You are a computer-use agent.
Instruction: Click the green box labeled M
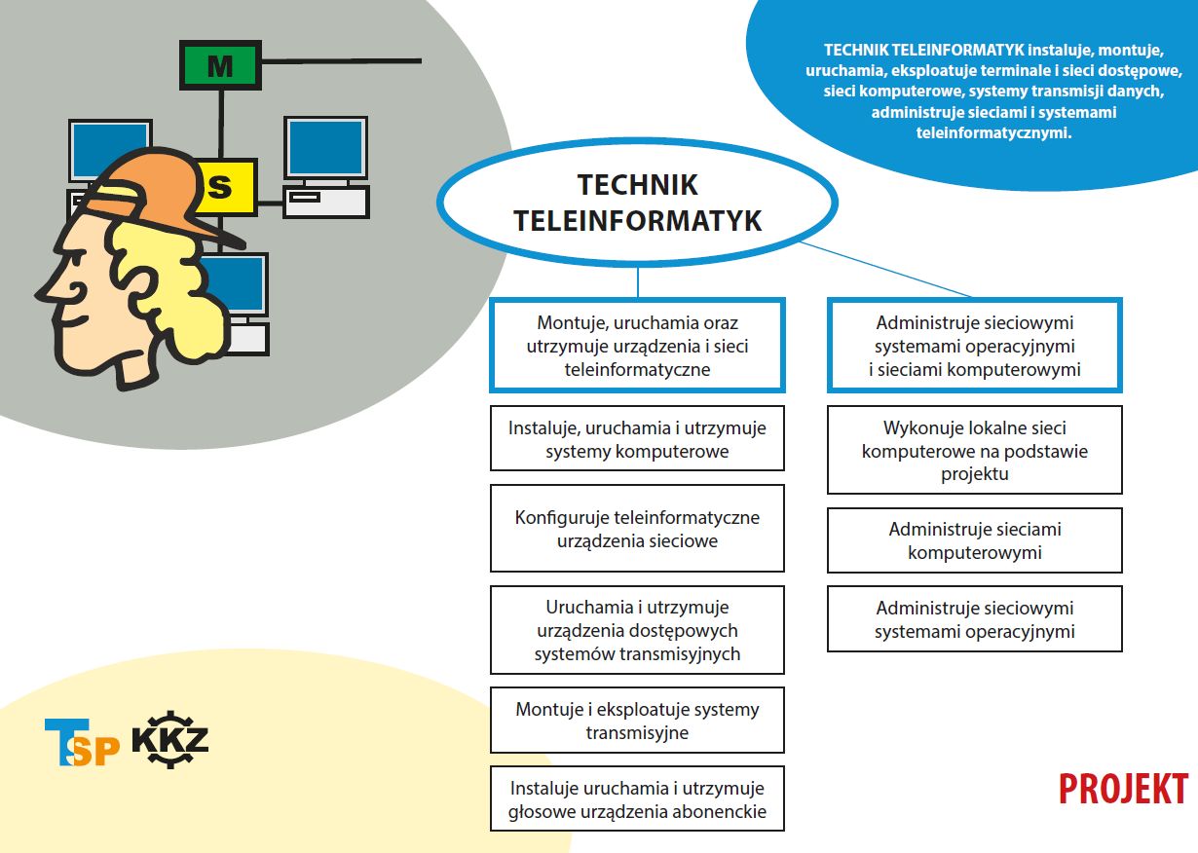220,64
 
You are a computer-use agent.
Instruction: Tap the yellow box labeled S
227,187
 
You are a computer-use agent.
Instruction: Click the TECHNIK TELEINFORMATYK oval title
638,203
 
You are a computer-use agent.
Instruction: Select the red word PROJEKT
1124,789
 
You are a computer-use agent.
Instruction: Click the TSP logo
82,742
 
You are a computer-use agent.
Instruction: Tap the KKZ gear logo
170,740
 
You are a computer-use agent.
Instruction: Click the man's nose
47,289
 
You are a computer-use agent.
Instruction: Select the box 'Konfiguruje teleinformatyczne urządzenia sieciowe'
638,529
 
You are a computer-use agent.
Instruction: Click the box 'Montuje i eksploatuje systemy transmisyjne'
638,721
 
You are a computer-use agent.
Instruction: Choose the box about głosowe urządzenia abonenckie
638,799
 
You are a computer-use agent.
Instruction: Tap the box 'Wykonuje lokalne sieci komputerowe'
974,450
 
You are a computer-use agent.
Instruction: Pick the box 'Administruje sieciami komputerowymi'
974,540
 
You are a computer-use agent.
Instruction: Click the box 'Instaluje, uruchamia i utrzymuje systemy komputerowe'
638,438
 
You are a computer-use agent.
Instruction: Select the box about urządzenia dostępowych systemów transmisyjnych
638,630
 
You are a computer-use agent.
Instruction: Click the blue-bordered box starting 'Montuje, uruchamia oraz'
638,346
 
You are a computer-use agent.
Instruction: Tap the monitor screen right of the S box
325,148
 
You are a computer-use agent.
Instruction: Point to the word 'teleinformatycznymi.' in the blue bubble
993,132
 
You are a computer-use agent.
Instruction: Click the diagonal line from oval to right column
885,269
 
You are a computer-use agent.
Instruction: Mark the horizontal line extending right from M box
341,61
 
